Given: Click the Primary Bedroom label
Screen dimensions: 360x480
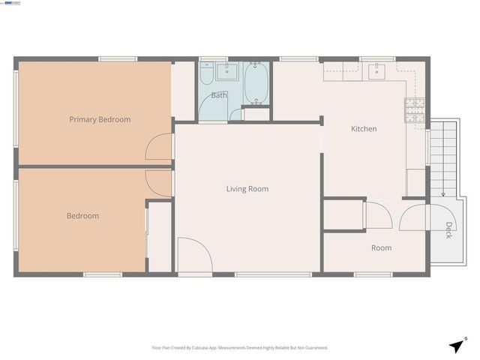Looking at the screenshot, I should [100, 119].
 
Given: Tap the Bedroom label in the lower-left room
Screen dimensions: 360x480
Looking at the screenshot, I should [82, 216].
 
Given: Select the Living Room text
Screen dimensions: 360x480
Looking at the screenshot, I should [247, 189].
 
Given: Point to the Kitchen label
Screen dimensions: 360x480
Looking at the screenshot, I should [364, 129].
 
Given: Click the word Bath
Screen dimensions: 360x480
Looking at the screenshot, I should [218, 95].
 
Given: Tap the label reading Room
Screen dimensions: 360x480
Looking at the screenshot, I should [381, 247].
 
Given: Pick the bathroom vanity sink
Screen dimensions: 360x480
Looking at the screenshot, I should [226, 72].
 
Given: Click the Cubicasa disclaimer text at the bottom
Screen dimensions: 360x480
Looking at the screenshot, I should [240, 348].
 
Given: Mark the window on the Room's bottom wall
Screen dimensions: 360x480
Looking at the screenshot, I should [373, 274].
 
